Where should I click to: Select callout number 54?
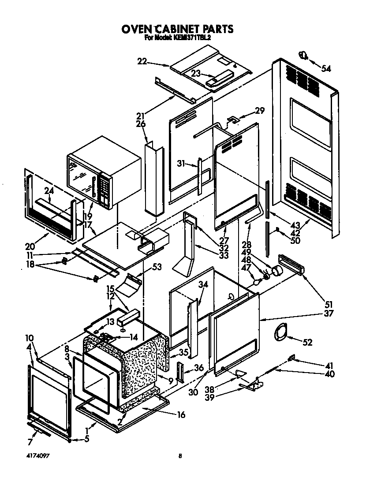click(326, 68)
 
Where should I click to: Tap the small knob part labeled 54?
click(303, 56)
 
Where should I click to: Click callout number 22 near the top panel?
click(142, 62)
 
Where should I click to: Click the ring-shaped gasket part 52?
click(280, 331)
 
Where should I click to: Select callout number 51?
click(329, 304)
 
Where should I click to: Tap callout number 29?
click(260, 111)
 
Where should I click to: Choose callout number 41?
click(329, 366)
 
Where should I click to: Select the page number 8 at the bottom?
click(180, 457)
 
